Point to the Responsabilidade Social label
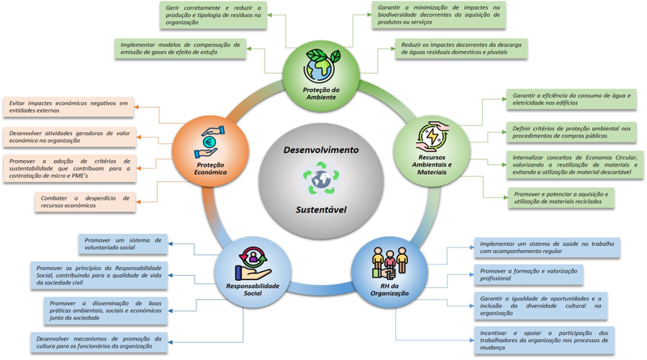(252, 289)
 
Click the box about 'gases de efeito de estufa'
(180, 49)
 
